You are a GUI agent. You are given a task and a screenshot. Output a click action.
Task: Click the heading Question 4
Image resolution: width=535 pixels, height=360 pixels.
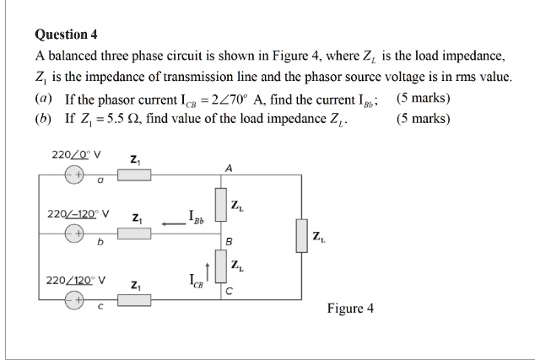click(67, 35)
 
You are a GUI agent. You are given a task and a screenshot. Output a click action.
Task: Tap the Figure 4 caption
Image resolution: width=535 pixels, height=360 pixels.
click(350, 308)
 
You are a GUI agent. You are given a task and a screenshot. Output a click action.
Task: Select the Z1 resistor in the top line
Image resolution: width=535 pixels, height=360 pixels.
click(134, 175)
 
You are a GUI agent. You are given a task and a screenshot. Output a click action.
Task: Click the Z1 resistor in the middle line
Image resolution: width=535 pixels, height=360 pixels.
click(134, 233)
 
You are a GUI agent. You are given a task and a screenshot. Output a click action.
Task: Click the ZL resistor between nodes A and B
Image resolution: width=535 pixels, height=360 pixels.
click(221, 205)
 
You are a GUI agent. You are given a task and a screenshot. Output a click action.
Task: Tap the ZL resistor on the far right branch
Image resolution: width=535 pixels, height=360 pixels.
click(300, 235)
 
